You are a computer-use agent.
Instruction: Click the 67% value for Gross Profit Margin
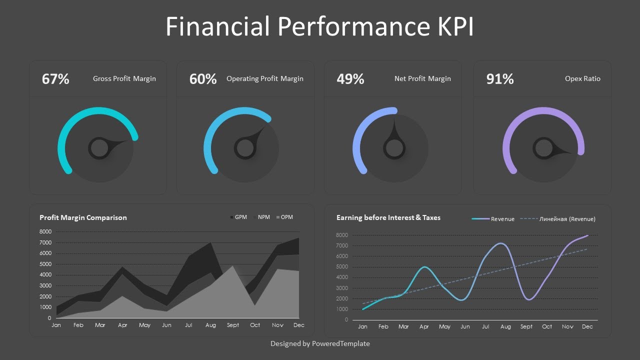tap(55, 79)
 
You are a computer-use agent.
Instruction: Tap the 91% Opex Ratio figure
tap(500, 79)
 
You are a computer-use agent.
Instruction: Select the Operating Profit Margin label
tap(265, 78)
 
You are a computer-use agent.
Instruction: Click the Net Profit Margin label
tap(422, 78)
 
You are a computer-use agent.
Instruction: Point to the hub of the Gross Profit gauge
tap(99, 148)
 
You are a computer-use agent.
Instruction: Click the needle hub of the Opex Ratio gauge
tap(543, 148)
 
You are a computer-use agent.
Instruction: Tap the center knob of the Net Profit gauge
tap(394, 148)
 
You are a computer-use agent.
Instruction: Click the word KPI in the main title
tap(453, 26)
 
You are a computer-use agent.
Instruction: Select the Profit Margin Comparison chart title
tap(83, 217)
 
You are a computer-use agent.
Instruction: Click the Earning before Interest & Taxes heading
tap(388, 217)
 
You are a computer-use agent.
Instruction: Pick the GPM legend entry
tap(238, 217)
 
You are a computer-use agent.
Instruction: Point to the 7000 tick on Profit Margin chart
tap(45, 242)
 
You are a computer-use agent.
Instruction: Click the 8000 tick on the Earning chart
tap(342, 235)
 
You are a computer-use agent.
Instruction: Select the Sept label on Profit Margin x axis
tap(233, 325)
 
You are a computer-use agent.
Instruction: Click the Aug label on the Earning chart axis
tap(505, 326)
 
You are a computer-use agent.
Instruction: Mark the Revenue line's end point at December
tap(588, 235)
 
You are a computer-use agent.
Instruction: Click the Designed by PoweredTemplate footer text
tap(320, 343)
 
